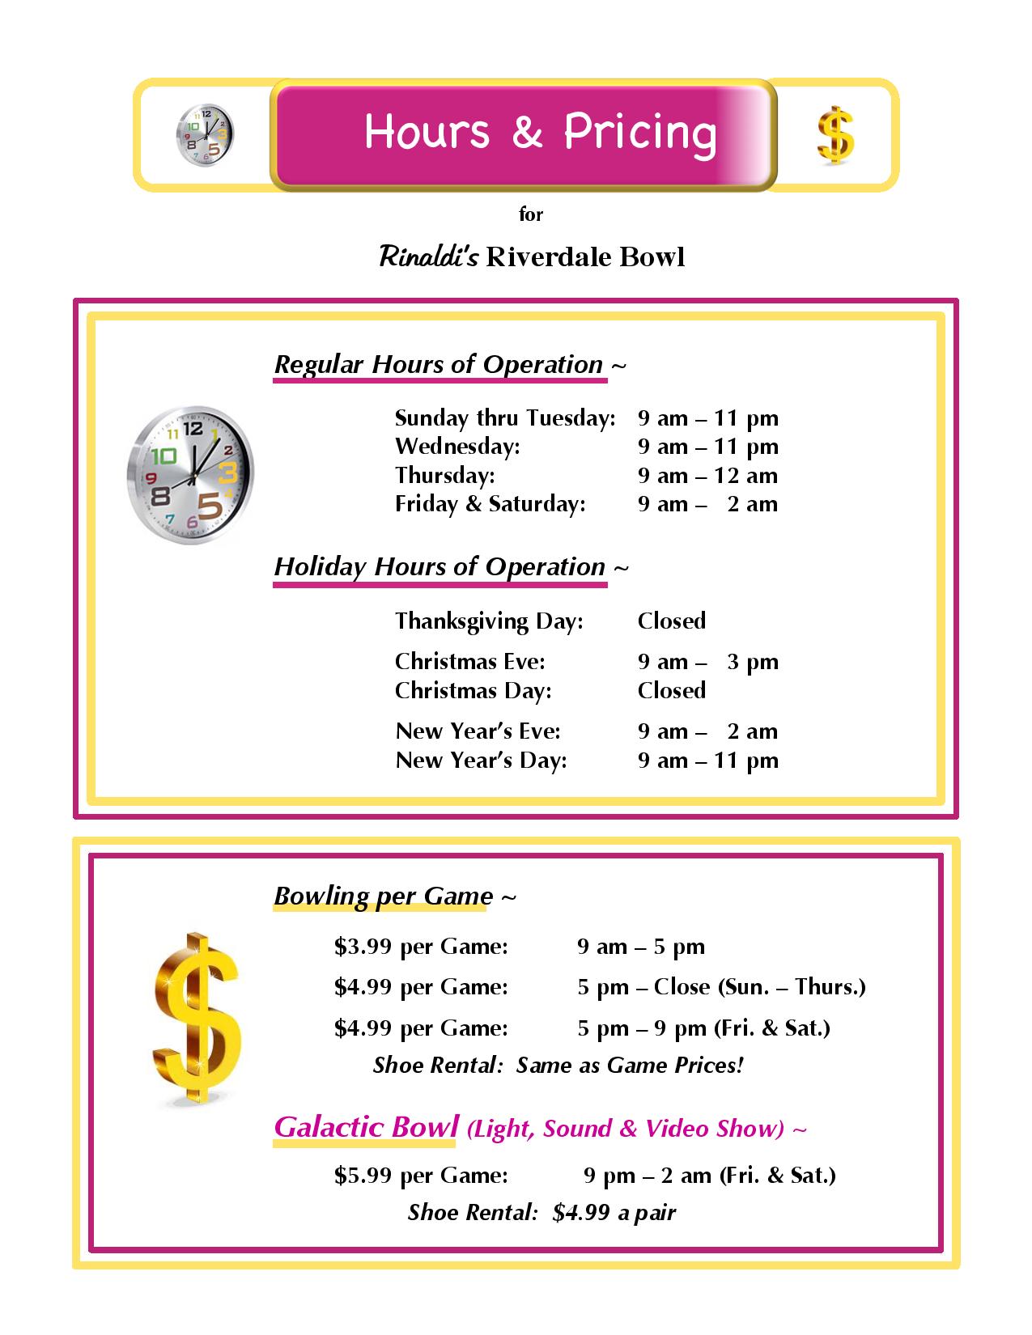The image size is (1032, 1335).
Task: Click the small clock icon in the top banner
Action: tap(204, 134)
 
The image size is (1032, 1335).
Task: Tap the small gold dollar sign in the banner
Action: tap(835, 136)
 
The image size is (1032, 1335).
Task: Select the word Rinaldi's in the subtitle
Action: tap(429, 257)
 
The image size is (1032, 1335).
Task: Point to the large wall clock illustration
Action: tap(191, 475)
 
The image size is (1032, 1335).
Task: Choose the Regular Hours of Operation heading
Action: tap(439, 365)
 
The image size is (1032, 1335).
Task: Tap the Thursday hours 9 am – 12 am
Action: tap(707, 476)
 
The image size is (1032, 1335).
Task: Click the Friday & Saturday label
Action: tap(490, 504)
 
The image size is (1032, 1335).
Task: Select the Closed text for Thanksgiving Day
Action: tap(671, 621)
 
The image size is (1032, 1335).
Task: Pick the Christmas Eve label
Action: tap(469, 662)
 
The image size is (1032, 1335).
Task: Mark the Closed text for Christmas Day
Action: tap(671, 691)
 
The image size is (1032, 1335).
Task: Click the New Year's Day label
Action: tap(481, 761)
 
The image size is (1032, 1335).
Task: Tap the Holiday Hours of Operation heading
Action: tap(440, 567)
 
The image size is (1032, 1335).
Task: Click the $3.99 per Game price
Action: tap(421, 947)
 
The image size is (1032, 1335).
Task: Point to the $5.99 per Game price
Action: tap(421, 1175)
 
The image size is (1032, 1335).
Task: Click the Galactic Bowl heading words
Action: tap(366, 1126)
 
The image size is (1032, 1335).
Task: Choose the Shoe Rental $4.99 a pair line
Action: tap(541, 1212)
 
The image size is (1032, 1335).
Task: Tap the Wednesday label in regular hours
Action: tap(457, 447)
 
